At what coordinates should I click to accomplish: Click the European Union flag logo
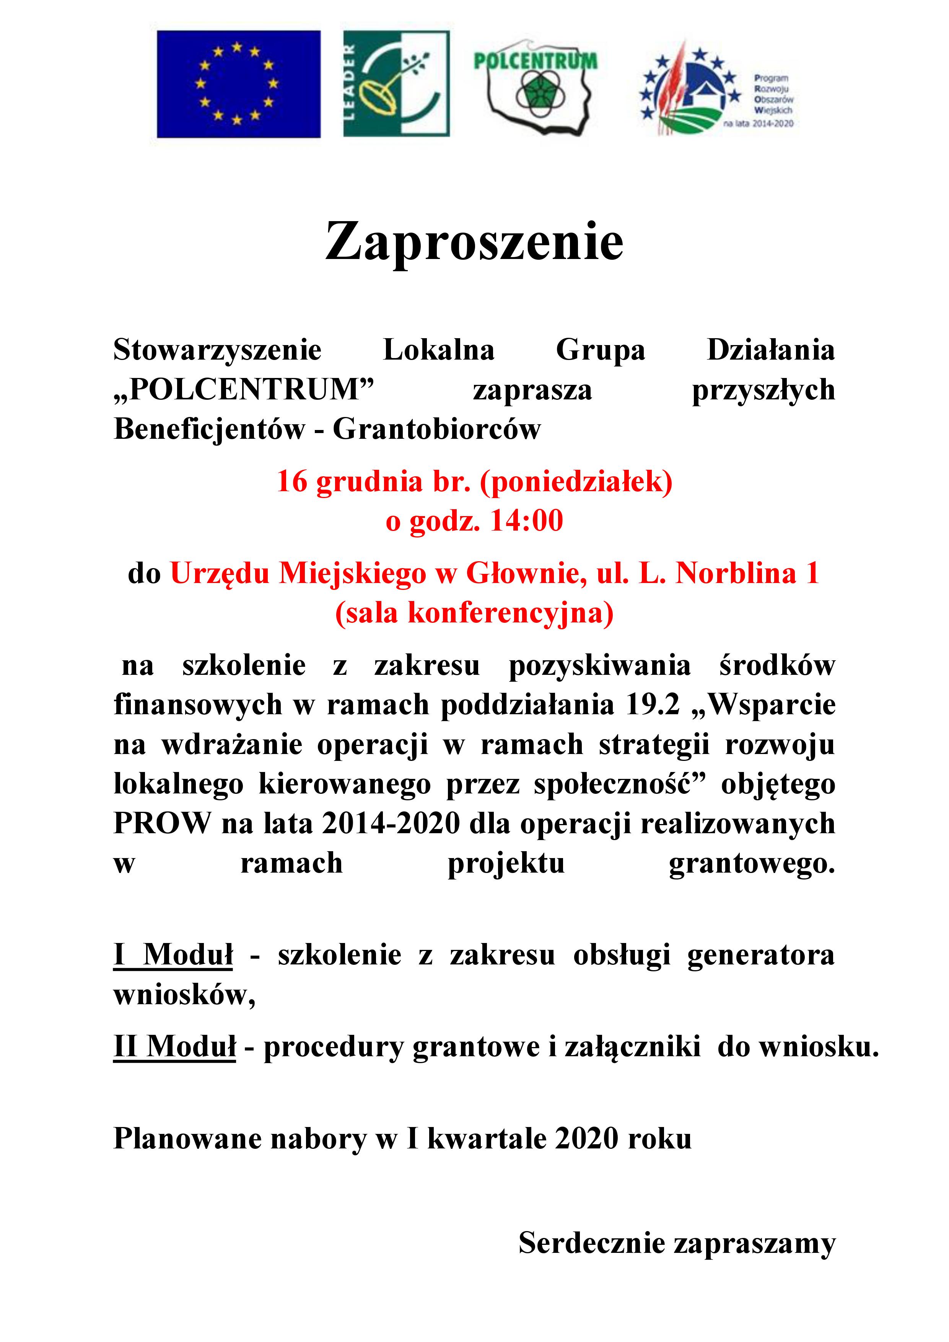pos(238,84)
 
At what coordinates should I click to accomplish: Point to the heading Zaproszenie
pos(474,241)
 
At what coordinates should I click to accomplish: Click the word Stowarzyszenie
pos(217,350)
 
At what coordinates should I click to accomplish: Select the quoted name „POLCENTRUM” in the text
pos(244,389)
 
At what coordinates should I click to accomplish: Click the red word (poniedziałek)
pos(576,482)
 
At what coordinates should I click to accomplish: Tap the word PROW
pos(162,824)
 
